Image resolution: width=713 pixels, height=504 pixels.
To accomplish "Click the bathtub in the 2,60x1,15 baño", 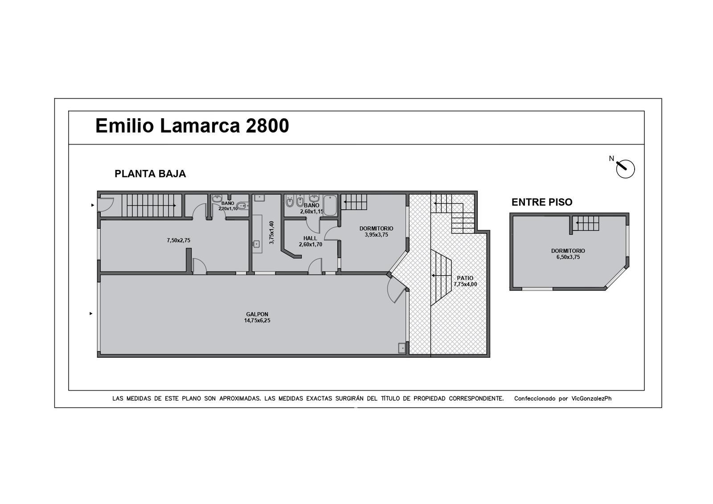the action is (x=330, y=206).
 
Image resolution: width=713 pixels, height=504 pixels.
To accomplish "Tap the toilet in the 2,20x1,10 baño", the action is (x=242, y=206).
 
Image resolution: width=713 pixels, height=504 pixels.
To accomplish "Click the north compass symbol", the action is (x=625, y=169).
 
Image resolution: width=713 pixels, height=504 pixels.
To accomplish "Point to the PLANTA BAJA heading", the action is (x=150, y=174).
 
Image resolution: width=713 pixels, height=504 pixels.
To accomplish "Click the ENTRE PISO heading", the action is (x=542, y=202).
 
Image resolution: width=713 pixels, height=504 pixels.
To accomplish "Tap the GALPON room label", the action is (x=257, y=314).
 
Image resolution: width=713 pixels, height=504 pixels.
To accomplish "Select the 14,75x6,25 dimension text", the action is (x=257, y=321).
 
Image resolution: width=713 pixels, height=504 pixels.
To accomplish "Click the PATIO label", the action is (x=465, y=278).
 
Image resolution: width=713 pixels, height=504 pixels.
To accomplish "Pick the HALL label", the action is (x=310, y=238).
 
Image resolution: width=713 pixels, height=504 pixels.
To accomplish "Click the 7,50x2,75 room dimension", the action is (x=179, y=240).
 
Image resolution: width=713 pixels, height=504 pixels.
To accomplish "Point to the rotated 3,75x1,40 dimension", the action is (x=271, y=232).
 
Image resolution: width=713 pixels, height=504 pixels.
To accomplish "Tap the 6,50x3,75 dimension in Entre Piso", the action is (x=568, y=257).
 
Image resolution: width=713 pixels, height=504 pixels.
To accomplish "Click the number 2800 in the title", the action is (x=267, y=125).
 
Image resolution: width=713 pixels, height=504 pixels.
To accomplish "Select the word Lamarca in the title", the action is (x=200, y=125).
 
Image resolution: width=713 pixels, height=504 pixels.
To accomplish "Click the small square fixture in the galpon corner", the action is (x=402, y=348).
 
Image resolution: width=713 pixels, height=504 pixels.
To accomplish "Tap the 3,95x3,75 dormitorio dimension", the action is (x=376, y=235).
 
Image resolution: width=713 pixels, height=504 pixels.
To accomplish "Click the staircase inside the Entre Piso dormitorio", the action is (x=586, y=223).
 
